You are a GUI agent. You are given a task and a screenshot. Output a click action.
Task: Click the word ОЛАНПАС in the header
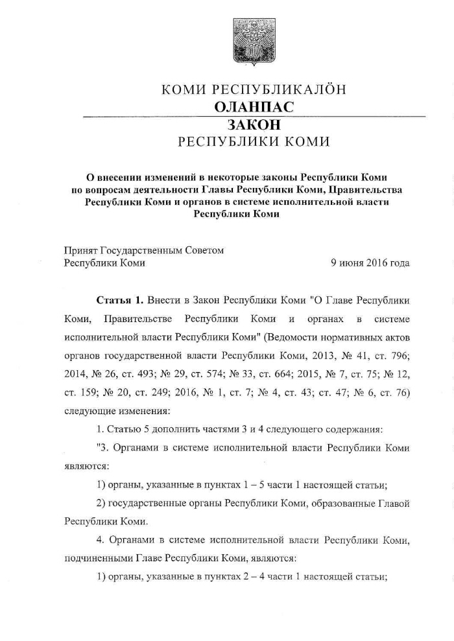[253, 107]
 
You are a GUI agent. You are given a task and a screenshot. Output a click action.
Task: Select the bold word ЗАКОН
[253, 124]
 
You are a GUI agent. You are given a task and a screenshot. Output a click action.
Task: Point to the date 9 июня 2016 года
[370, 263]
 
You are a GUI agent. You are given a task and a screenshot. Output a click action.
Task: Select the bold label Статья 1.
[119, 301]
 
